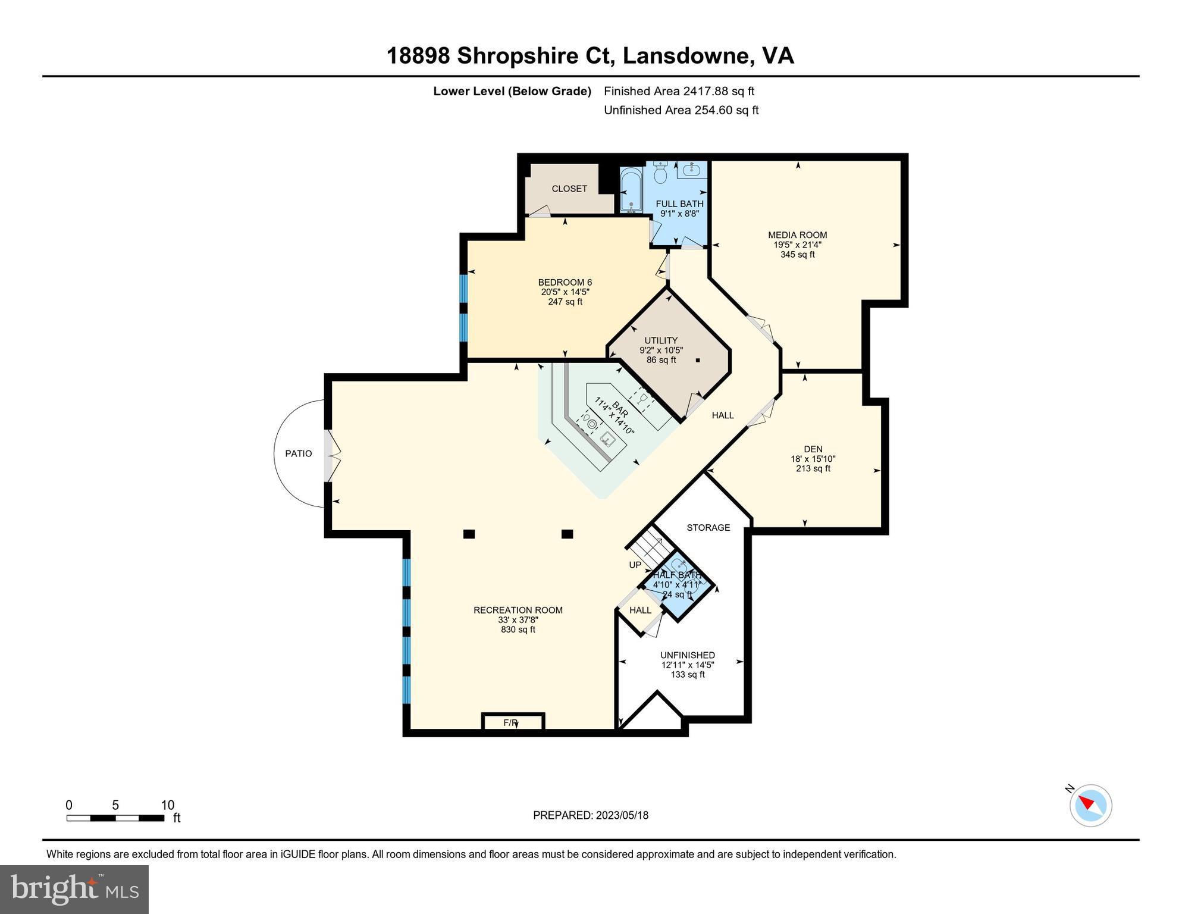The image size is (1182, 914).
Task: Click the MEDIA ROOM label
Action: point(797,235)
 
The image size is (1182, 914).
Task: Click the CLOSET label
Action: point(569,189)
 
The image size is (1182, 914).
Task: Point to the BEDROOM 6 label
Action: point(565,283)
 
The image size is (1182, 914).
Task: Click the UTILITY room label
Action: point(661,341)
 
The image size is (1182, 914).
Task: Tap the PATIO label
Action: point(298,453)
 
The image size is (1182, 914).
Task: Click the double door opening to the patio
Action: point(331,455)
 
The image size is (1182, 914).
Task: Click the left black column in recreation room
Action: point(469,534)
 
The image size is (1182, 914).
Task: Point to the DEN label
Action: point(813,449)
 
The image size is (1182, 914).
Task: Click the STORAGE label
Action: point(708,528)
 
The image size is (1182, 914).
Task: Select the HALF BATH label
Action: point(676,575)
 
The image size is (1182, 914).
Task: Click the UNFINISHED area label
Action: point(687,655)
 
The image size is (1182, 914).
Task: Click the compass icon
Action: point(1090,805)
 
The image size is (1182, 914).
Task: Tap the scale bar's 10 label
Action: point(168,805)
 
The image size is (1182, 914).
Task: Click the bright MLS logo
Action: point(74,890)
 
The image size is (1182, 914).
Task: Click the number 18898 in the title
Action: point(418,56)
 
